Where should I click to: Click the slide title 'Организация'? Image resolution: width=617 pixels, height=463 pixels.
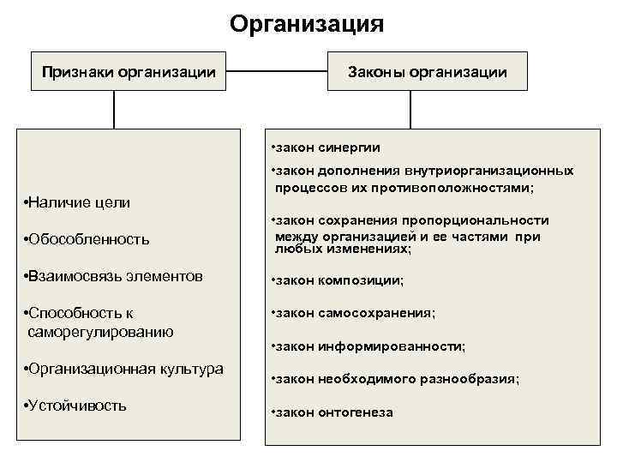pos(307,23)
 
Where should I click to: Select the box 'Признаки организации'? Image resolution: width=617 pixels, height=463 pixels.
pos(129,72)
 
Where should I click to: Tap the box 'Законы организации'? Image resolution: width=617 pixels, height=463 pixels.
pos(427,72)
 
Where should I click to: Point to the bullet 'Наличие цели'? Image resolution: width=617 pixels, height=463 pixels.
pos(79,202)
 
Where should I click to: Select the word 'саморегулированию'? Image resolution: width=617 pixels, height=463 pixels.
pos(101,332)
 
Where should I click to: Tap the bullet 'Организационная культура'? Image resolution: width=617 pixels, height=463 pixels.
pos(125,369)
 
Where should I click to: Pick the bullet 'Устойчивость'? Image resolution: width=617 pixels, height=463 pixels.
pos(77,406)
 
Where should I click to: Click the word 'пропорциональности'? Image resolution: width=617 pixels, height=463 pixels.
pos(486,220)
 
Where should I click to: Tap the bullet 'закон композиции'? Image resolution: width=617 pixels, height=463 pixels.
pos(337,280)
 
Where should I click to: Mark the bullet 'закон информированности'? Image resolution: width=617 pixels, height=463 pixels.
pos(368,346)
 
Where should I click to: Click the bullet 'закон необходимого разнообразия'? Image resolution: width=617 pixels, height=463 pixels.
pos(395,378)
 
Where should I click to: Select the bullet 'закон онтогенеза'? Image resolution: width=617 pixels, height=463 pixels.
pos(332,412)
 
